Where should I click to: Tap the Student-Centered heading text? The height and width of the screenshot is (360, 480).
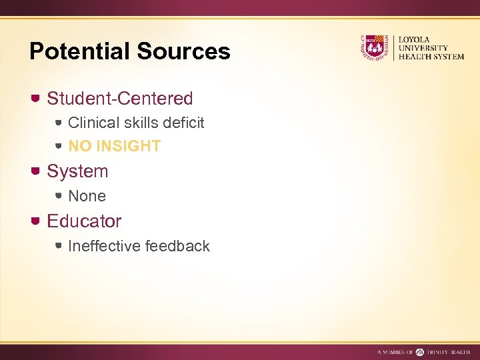(120, 99)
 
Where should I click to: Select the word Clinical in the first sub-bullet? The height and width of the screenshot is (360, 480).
(93, 123)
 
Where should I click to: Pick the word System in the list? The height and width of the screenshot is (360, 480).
(77, 171)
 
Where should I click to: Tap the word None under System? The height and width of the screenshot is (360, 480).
(87, 196)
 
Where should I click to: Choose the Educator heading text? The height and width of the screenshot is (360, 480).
(84, 221)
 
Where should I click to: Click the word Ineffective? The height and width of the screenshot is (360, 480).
(104, 246)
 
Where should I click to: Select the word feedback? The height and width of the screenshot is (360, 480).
(177, 246)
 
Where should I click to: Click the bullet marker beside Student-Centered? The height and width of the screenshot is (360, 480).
(35, 99)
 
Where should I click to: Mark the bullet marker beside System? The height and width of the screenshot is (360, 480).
(35, 171)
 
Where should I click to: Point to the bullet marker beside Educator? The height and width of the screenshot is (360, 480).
(35, 221)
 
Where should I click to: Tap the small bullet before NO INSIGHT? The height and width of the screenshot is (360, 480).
(59, 145)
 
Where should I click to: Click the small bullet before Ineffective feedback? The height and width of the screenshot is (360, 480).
(59, 246)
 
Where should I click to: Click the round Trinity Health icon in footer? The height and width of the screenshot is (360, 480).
(420, 351)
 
